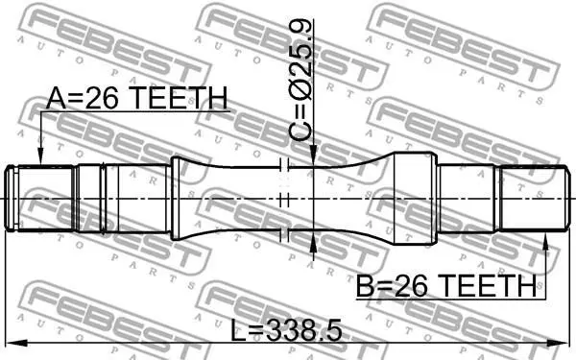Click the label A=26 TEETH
point(136,98)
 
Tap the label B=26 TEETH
point(446,286)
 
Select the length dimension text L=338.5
point(286,330)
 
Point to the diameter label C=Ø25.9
point(300,80)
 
